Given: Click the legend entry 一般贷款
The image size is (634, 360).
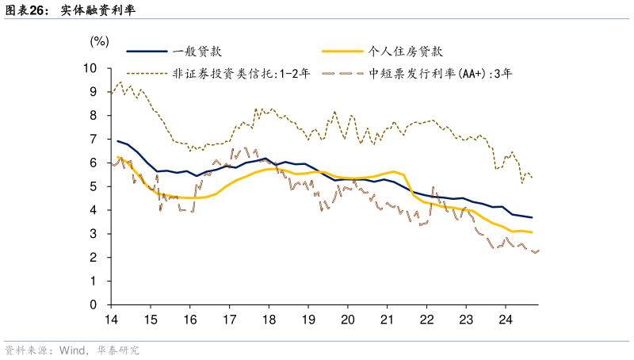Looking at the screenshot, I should pyautogui.click(x=196, y=52).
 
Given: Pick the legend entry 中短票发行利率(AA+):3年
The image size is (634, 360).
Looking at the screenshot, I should pyautogui.click(x=441, y=73).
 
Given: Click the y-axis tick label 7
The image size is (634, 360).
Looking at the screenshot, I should pyautogui.click(x=94, y=140).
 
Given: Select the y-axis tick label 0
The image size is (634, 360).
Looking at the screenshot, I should pyautogui.click(x=94, y=305).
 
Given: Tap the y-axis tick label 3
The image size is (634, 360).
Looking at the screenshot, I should pyautogui.click(x=94, y=234).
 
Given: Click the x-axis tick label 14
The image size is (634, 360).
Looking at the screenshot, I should pyautogui.click(x=111, y=320).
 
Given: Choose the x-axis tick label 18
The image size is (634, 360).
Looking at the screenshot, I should pyautogui.click(x=268, y=320).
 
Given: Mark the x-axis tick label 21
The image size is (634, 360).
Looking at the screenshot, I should pyautogui.click(x=387, y=320).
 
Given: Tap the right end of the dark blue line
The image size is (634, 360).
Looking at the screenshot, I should pyautogui.click(x=532, y=217).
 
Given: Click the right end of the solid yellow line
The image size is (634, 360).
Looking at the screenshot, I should pyautogui.click(x=532, y=232).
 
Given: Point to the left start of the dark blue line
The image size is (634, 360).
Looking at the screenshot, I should pyautogui.click(x=117, y=141).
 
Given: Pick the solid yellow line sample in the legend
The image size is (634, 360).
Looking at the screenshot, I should pyautogui.click(x=342, y=52).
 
